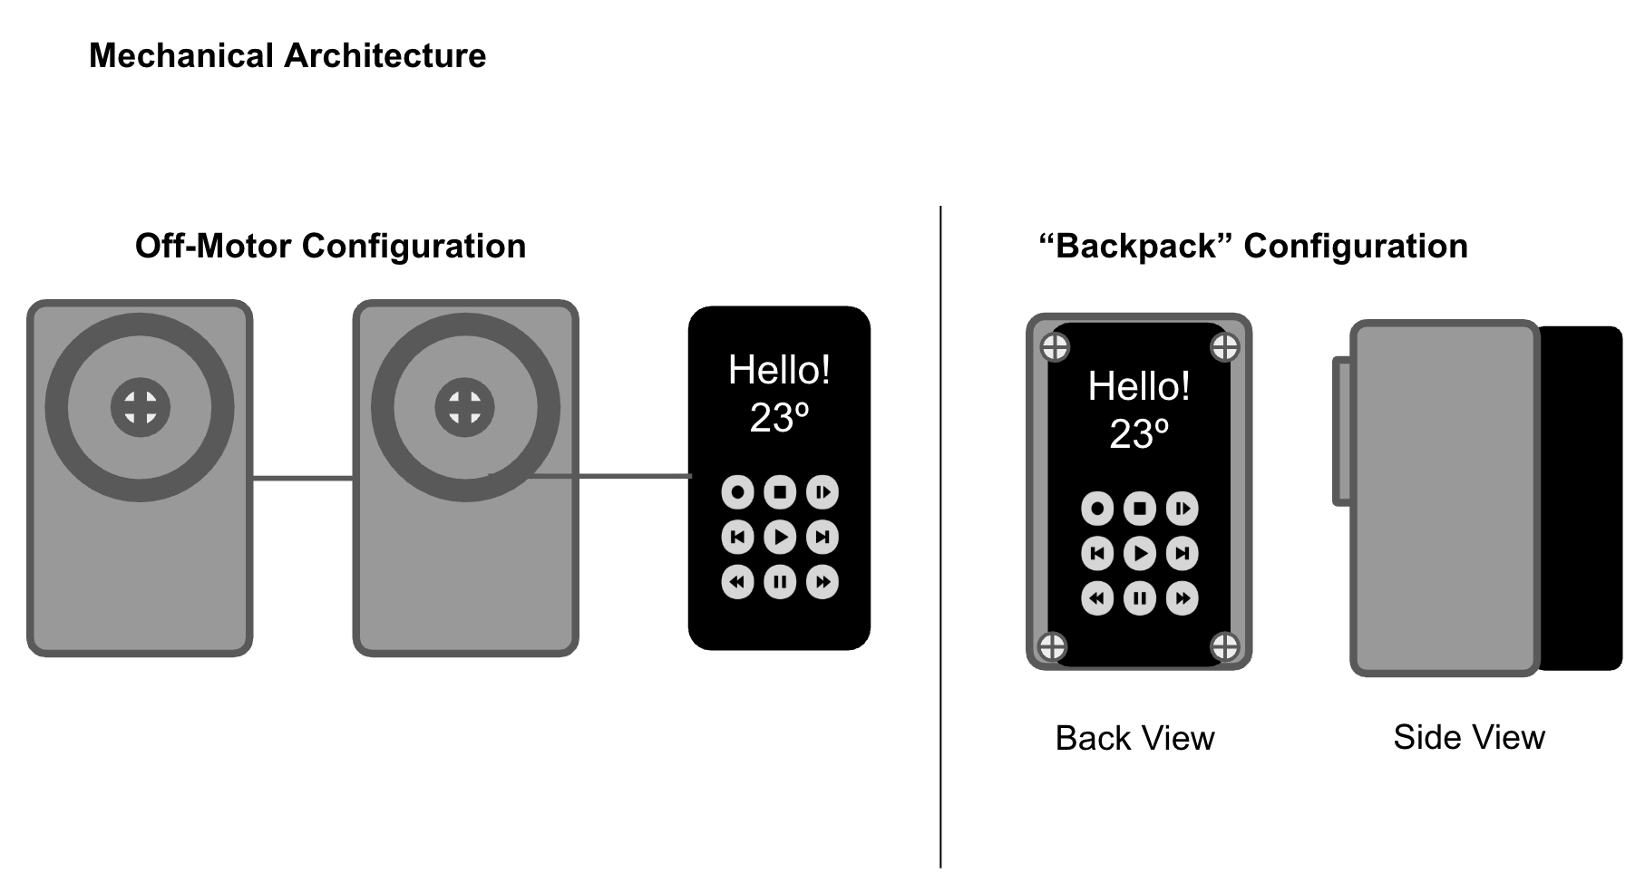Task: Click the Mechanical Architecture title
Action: [x=287, y=56]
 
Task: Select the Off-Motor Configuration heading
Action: [x=330, y=247]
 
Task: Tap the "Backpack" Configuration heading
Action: [x=1252, y=247]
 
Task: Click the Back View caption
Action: [x=1134, y=738]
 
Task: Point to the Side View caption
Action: [x=1468, y=737]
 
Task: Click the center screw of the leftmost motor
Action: [x=141, y=407]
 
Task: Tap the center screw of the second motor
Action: [x=464, y=407]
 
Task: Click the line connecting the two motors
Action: [x=302, y=478]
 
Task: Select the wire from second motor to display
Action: [x=626, y=475]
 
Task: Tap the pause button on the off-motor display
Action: [x=780, y=582]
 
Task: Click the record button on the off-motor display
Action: [x=737, y=492]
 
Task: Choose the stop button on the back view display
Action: [x=1140, y=509]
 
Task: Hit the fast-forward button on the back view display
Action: [x=1183, y=598]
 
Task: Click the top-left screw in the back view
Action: [x=1054, y=346]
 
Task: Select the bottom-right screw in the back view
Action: [x=1225, y=646]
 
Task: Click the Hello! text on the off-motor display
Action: [x=779, y=370]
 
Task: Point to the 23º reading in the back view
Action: [x=1139, y=434]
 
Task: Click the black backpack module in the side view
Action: [x=1582, y=499]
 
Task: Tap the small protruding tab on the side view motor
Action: [x=1341, y=432]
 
